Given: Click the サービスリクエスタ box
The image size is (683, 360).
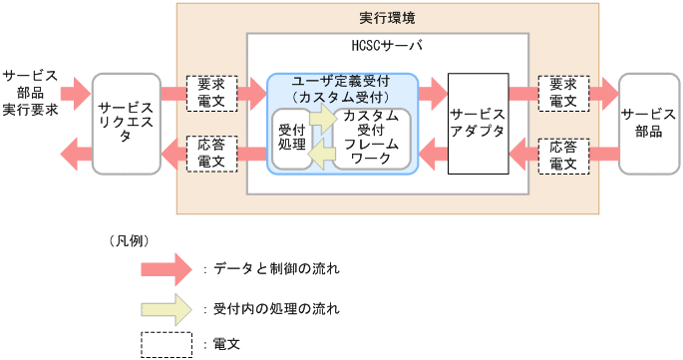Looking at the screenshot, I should [x=127, y=124].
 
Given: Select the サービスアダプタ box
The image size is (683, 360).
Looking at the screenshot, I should [x=477, y=124].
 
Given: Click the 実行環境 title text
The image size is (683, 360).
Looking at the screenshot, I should [x=388, y=18].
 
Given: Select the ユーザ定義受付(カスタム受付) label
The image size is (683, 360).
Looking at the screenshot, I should [x=341, y=88].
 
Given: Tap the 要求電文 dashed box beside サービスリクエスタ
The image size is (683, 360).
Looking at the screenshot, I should [x=211, y=93].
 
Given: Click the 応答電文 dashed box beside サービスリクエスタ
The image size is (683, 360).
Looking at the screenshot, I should [x=211, y=154].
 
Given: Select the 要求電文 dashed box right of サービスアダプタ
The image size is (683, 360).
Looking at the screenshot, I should [x=562, y=93].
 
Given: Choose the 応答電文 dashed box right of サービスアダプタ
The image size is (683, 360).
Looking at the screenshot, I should [x=562, y=154].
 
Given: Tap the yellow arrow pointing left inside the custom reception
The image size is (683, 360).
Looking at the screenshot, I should [x=321, y=156].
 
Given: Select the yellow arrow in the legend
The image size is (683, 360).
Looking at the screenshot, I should [x=166, y=309].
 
